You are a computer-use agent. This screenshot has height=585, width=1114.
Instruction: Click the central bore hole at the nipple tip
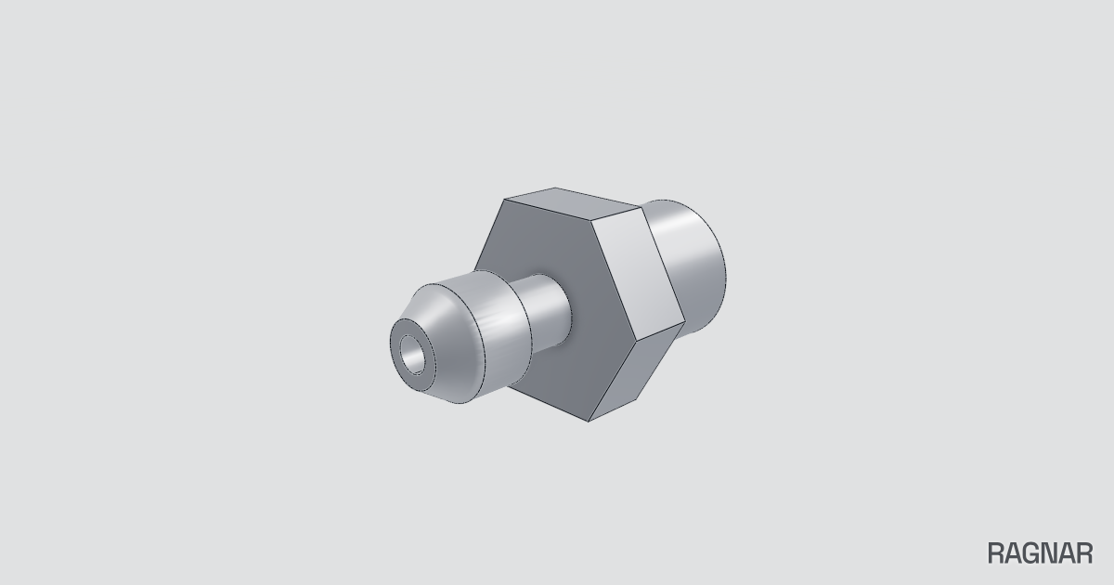point(413,355)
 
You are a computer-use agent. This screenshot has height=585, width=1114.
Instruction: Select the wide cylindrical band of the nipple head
point(498,329)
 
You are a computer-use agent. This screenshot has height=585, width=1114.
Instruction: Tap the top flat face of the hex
point(572,201)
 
